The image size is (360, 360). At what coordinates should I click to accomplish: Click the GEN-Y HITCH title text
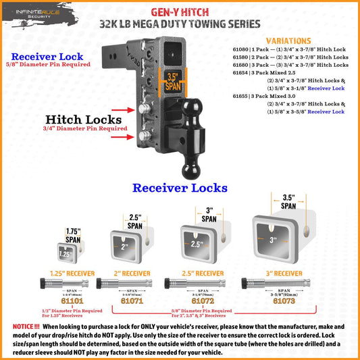tap(179, 10)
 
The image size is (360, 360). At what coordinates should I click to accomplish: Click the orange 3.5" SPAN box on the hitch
tap(172, 82)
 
